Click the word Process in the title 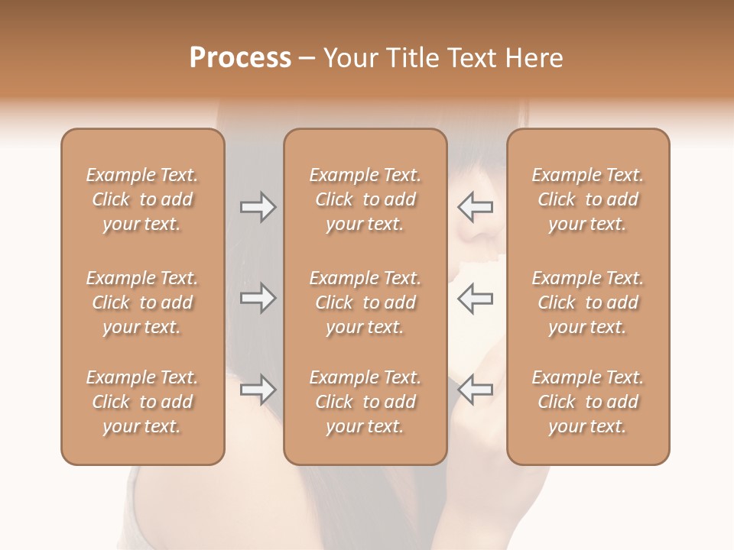[240, 58]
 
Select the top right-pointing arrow [258, 207]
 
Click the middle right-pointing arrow [258, 298]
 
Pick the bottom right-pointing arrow [258, 390]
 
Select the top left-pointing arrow [476, 207]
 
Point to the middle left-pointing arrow [476, 298]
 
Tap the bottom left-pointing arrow [476, 390]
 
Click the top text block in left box [142, 199]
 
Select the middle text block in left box [142, 302]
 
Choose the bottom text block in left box [142, 402]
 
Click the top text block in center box [365, 199]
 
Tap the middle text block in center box [365, 302]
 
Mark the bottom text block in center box [365, 402]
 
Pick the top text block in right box [588, 199]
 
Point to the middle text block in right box [588, 302]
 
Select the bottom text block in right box [588, 402]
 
